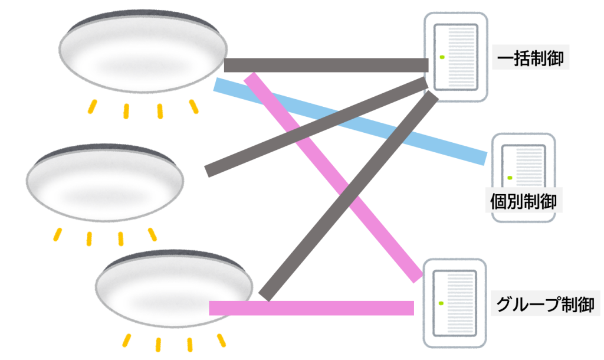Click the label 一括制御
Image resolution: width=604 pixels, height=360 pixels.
(531, 59)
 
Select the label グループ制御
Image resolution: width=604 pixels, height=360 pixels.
(544, 305)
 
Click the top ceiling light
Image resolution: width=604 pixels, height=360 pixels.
(143, 52)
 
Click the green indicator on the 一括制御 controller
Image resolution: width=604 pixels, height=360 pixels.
(441, 57)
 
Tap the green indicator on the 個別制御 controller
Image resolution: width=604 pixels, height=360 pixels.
(509, 176)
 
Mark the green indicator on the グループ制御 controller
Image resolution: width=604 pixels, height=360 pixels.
(441, 303)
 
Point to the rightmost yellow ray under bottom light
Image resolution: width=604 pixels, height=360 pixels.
(222, 341)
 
